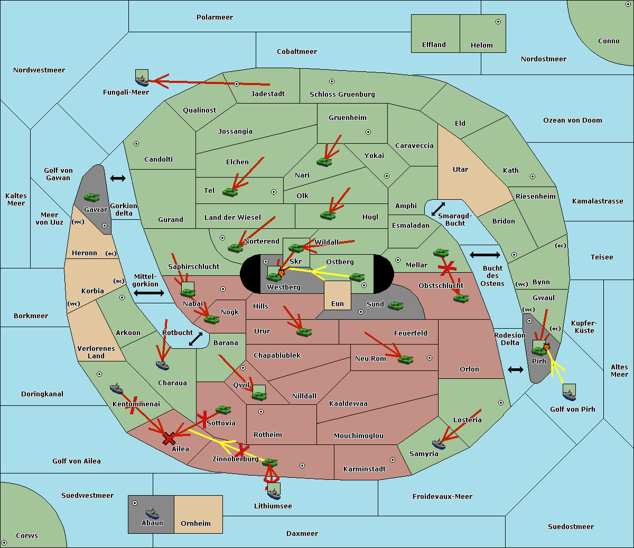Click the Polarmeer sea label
pos(215,17)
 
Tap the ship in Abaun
pos(152,513)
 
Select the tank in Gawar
pos(92,198)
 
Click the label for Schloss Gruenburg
pos(342,95)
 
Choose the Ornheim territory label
pos(195,524)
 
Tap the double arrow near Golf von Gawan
pos(118,179)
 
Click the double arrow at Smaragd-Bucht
pos(438,209)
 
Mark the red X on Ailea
pos(169,438)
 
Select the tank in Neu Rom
pos(405,359)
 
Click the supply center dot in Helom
pos(498,22)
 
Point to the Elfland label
pos(434,45)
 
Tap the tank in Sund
pos(396,305)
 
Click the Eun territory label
pos(337,304)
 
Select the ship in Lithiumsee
pos(274,493)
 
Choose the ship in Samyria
pos(439,444)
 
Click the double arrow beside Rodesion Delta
pos(516,369)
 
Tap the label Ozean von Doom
pos(572,120)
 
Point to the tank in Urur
pos(304,332)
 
